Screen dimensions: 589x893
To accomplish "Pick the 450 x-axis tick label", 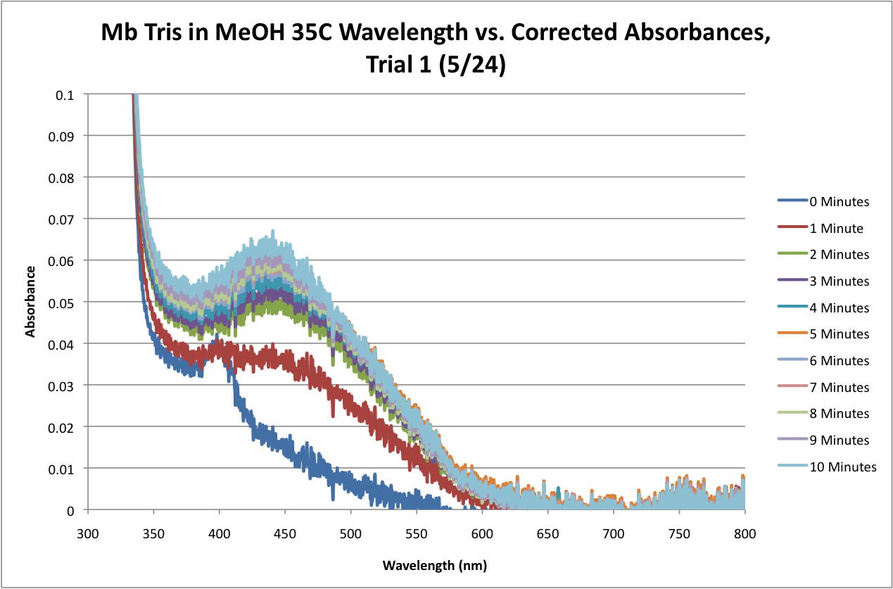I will point(284,535).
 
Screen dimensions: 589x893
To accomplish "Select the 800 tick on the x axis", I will point(745,535).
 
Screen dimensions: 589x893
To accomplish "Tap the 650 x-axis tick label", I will point(547,535).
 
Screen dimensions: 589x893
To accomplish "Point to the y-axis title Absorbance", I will point(31,301).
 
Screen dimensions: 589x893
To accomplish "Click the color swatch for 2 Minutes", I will point(791,255).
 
